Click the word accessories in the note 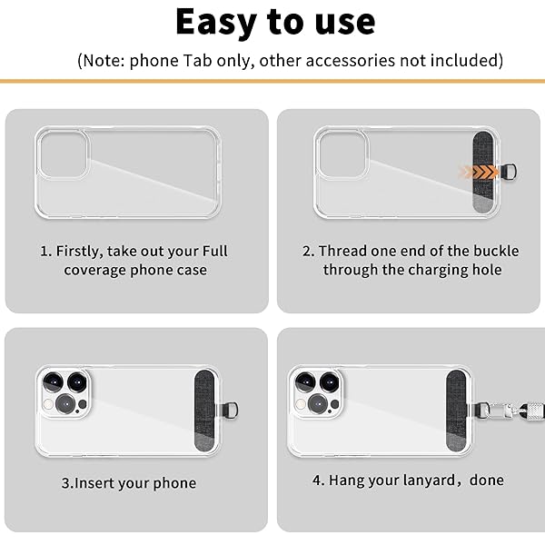click(x=351, y=61)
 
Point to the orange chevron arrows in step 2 click(x=479, y=172)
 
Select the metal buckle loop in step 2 click(x=509, y=172)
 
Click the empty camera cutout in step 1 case click(x=64, y=154)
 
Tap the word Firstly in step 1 click(x=80, y=252)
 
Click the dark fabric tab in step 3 click(x=204, y=411)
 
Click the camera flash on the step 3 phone click(x=49, y=404)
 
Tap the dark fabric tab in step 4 click(x=456, y=411)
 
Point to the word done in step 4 click(x=487, y=481)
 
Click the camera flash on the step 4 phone click(x=301, y=404)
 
